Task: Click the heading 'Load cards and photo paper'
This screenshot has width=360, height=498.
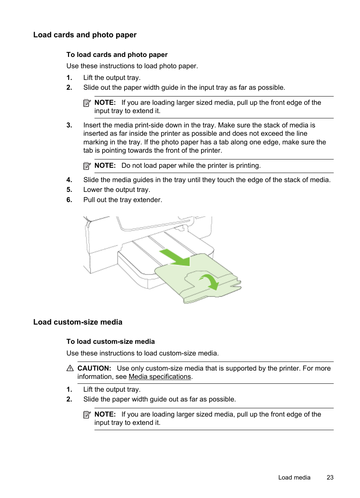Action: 85,35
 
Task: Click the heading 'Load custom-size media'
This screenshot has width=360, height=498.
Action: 78,322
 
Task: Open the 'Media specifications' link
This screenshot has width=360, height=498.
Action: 160,377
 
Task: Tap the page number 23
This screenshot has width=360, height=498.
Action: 330,477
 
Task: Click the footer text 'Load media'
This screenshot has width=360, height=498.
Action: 294,477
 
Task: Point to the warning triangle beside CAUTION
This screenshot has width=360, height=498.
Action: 70,368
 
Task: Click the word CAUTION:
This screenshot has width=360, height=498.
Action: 94,368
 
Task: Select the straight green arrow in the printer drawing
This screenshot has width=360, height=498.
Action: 174,257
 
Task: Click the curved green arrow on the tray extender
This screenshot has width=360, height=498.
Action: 209,281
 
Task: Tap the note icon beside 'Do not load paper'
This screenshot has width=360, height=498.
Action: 87,165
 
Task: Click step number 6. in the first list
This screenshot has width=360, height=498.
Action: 69,200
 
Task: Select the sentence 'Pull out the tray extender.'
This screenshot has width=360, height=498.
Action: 123,200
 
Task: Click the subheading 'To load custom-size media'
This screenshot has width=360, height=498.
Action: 111,342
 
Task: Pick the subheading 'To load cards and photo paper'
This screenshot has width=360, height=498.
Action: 117,55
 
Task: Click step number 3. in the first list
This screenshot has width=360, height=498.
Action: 69,125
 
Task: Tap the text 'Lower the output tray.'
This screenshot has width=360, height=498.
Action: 117,190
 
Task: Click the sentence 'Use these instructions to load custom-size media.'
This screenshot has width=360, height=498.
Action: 142,353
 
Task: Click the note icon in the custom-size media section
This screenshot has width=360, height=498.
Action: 87,414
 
